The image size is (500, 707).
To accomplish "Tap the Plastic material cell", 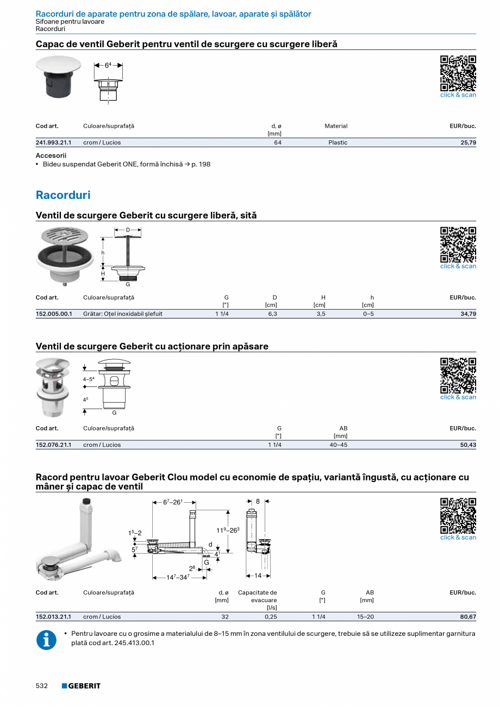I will pyautogui.click(x=337, y=142).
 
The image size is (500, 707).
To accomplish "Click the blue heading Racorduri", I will pyautogui.click(x=63, y=195).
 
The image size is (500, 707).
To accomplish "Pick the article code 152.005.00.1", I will pyautogui.click(x=54, y=314).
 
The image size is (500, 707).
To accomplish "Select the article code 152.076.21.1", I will pyautogui.click(x=53, y=445).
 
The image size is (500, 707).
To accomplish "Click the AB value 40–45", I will pyautogui.click(x=339, y=445).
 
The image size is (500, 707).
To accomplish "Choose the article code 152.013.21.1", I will pyautogui.click(x=53, y=617).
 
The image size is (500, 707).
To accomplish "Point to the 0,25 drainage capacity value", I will pyautogui.click(x=271, y=617).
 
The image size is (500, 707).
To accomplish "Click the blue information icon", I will pyautogui.click(x=46, y=640).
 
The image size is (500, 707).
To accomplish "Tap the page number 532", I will pyautogui.click(x=42, y=686).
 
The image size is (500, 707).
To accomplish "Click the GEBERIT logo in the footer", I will pyautogui.click(x=81, y=686).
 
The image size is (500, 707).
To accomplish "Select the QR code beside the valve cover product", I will pyautogui.click(x=458, y=73).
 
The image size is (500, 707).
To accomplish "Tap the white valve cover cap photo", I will pyautogui.click(x=58, y=65).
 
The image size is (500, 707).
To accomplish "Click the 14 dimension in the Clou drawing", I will pyautogui.click(x=258, y=575).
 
